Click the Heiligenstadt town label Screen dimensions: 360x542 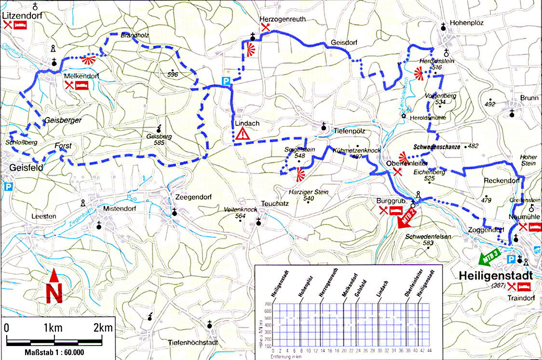[497, 276]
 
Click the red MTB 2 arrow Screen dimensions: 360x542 [406, 218]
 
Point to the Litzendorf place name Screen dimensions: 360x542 [22, 15]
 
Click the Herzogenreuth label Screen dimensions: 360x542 [283, 19]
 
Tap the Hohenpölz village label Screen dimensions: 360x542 [466, 23]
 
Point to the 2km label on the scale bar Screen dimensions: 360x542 [103, 328]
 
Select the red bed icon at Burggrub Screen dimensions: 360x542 [396, 210]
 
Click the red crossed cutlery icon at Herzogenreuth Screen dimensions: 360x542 [265, 28]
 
